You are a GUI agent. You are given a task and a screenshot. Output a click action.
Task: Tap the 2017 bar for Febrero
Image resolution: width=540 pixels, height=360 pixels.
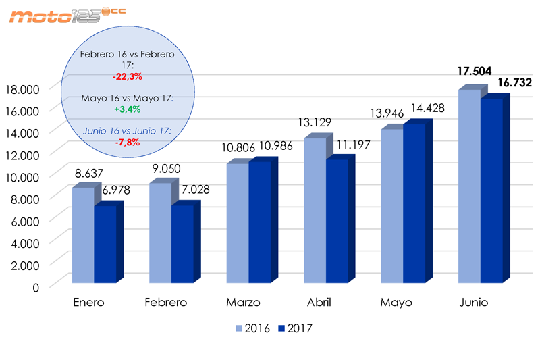[182, 243]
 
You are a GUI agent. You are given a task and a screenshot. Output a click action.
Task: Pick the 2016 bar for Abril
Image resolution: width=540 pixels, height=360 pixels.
[315, 210]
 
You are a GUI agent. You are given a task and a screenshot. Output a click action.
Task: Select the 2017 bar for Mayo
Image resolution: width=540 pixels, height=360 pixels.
[414, 203]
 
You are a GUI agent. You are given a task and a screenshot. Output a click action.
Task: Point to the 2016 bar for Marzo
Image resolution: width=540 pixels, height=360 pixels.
[238, 223]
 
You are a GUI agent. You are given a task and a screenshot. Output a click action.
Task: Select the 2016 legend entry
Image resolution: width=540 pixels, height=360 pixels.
[252, 329]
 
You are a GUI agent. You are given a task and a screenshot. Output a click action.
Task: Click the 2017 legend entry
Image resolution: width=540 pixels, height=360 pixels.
[296, 329]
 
